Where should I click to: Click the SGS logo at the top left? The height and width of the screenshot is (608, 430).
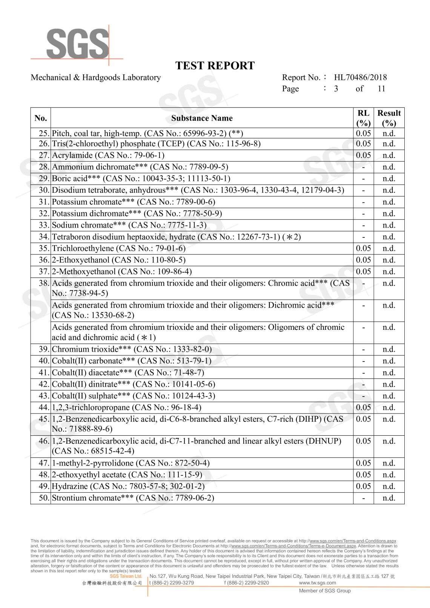point(77,44)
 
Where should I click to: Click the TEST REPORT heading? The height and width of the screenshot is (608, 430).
point(215,66)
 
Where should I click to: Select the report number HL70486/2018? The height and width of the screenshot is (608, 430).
point(360,78)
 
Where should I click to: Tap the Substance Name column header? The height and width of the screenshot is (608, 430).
point(202,118)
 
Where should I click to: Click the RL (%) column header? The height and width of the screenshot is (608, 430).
point(363,118)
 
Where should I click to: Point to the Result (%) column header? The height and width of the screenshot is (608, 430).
point(389,118)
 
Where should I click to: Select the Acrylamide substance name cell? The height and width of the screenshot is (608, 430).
point(108,155)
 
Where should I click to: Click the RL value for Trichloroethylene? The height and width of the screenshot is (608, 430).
point(363,248)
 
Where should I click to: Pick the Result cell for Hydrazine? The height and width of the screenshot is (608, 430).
point(389,486)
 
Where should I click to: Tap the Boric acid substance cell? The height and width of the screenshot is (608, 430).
point(141,179)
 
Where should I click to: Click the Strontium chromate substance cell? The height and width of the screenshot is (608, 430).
point(133,498)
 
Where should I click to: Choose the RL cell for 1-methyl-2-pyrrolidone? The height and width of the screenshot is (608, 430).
point(363,463)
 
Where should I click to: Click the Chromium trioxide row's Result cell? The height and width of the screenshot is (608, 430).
point(389,349)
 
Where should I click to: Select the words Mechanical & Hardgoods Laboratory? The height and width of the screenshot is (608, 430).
point(95,78)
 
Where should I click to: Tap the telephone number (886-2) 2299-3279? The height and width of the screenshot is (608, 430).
point(172,583)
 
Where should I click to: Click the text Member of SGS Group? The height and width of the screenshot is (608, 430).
point(325,591)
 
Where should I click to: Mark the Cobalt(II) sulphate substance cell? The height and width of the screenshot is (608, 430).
point(134,396)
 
